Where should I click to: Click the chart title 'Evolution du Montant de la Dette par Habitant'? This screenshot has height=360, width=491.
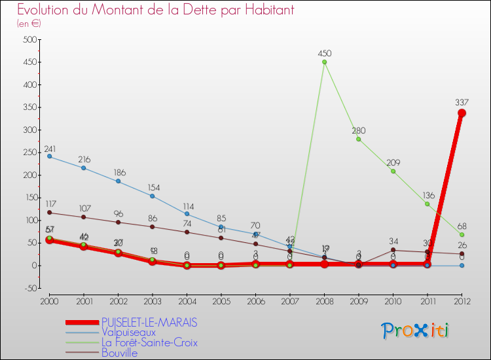coord(155,10)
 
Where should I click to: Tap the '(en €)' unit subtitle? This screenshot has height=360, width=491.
coord(29,24)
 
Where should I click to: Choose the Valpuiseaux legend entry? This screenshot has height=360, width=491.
coord(128,333)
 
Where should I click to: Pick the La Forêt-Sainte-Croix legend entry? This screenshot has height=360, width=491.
coord(149,342)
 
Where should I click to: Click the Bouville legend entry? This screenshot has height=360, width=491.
coord(120,353)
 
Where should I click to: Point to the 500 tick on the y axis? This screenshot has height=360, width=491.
coord(29,40)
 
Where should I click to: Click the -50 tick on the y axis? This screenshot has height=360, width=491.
coord(29,288)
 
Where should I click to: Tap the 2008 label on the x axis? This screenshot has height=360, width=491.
coord(324,301)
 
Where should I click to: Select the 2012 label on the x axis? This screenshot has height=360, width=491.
coord(462,301)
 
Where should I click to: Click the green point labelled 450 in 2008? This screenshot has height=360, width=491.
coord(324,62)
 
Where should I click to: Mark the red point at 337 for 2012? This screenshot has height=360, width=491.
coord(462,113)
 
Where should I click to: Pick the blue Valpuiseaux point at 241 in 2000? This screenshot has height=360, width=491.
coord(49,156)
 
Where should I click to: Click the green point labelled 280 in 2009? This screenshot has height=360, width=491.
coord(359,139)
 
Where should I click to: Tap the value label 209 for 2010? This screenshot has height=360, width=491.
coord(393,162)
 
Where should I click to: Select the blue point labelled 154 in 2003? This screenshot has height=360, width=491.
coord(153,196)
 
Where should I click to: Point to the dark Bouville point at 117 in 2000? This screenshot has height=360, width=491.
coord(49,212)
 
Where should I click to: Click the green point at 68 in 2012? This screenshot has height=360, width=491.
coord(462,234)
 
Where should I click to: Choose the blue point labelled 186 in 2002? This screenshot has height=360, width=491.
coord(118,181)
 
